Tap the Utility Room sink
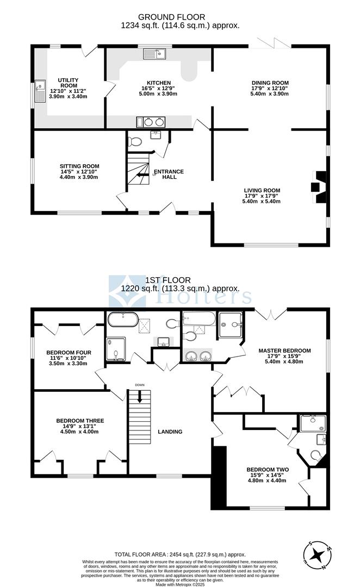(x=39, y=91)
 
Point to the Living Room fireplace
(x=319, y=187)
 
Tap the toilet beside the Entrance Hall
(x=135, y=141)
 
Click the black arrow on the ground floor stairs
(x=141, y=174)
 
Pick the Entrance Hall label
(x=169, y=174)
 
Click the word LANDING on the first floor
(x=170, y=432)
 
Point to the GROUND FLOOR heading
(x=172, y=17)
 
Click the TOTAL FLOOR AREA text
(x=180, y=555)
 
